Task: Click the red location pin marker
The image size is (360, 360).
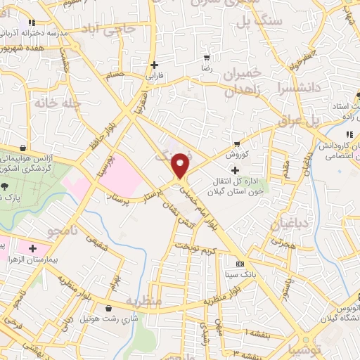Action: pyautogui.click(x=181, y=165)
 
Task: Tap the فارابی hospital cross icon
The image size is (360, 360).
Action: pyautogui.click(x=154, y=65)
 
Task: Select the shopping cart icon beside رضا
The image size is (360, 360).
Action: pyautogui.click(x=206, y=58)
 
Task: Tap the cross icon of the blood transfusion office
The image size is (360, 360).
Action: pyautogui.click(x=235, y=170)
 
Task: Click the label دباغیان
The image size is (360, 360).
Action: pyautogui.click(x=289, y=224)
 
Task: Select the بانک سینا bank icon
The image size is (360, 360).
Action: pyautogui.click(x=241, y=264)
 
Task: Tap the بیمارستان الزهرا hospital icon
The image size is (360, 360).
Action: pyautogui.click(x=32, y=247)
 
